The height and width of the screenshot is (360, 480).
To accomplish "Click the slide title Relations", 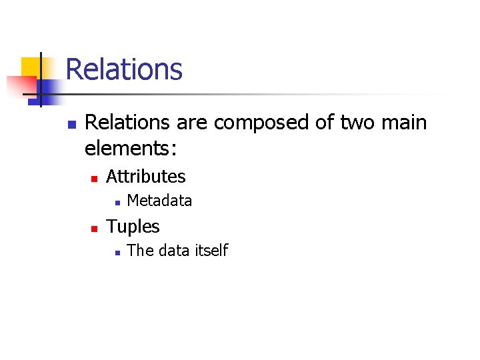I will pos(124,69).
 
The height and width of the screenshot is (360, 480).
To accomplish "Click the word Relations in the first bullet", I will pos(127,123).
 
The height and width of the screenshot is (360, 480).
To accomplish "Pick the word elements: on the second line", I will pos(131,148).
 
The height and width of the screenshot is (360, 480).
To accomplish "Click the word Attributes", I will pos(146,177).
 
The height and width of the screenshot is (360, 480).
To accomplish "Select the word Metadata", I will pos(159,201).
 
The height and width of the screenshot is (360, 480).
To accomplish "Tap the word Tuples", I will pos(133,227).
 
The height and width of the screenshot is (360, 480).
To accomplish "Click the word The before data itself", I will pos(139,251).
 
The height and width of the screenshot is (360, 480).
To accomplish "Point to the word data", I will pos(174,251).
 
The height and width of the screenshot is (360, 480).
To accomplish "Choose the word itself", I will pos(211,251).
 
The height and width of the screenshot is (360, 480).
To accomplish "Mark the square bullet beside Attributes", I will pos(95,178).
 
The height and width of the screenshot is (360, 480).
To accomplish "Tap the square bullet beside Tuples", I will pos(95,228).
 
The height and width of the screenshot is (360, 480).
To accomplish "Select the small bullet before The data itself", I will pos(116,252).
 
